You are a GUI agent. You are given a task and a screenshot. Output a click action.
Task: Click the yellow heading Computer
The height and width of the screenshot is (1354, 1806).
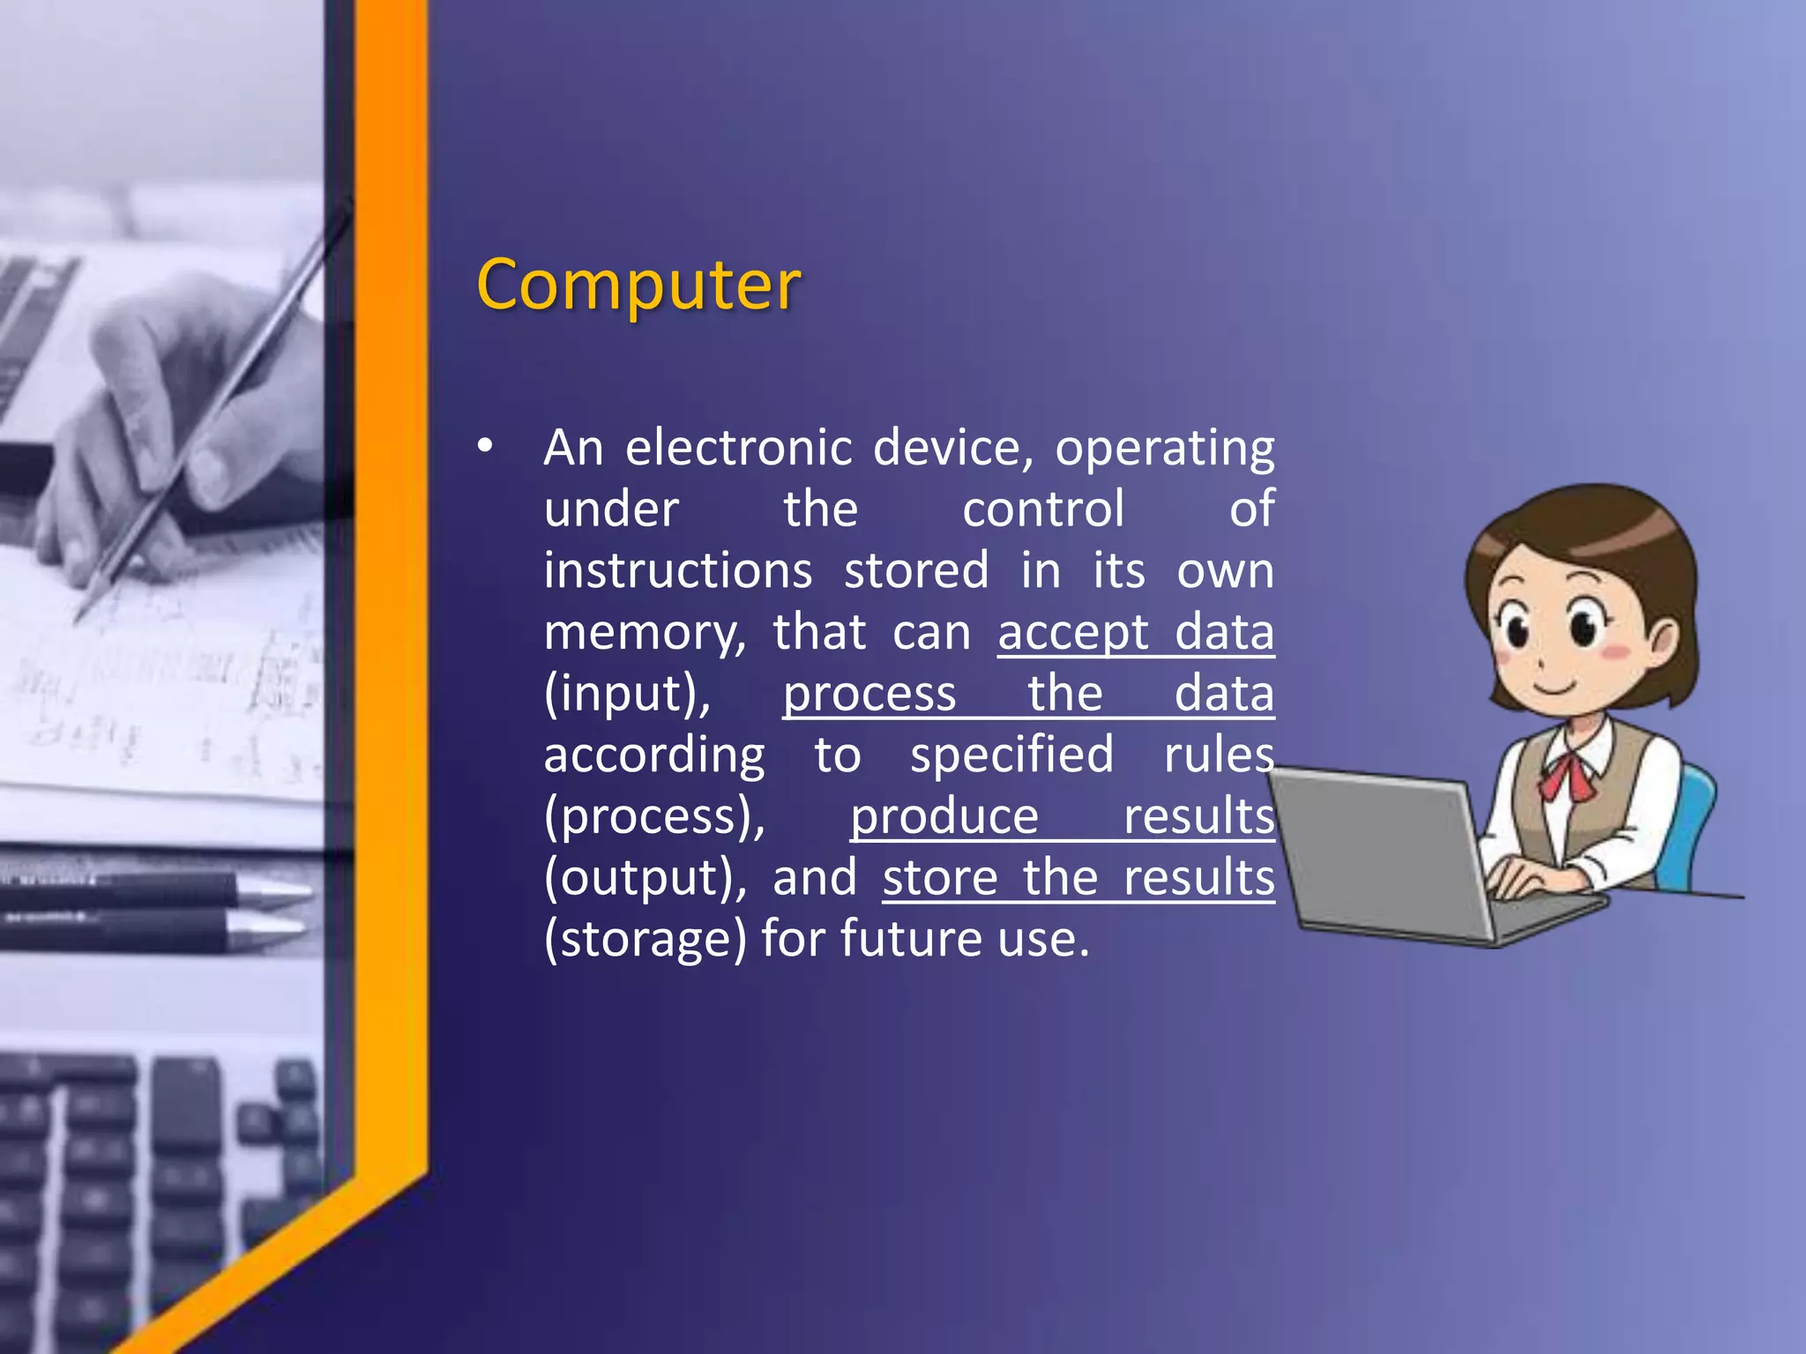click(x=638, y=285)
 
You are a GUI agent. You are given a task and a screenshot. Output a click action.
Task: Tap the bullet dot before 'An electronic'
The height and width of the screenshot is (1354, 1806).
click(x=485, y=446)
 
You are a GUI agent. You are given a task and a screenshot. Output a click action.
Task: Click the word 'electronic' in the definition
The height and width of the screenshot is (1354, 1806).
click(x=738, y=448)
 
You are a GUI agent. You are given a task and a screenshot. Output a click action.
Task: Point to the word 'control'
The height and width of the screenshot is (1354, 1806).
click(x=1043, y=510)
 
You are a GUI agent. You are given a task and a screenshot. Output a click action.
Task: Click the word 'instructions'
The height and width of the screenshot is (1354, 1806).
click(x=677, y=570)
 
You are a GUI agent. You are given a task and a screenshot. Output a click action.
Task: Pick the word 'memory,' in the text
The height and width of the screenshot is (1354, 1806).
click(x=645, y=633)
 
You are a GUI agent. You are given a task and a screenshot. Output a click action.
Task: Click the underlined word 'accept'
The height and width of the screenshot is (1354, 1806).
click(x=1073, y=633)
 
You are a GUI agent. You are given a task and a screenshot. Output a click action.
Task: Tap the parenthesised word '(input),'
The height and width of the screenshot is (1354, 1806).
click(x=627, y=694)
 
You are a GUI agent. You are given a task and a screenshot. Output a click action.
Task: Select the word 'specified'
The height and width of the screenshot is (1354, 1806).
click(x=1011, y=755)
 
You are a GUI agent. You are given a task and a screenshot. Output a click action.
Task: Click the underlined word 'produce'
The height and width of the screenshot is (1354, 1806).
click(x=944, y=816)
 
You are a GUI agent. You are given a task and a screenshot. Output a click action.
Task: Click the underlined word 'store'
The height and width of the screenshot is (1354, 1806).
click(x=940, y=878)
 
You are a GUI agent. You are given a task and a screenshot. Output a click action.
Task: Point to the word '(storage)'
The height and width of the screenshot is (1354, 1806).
click(x=645, y=939)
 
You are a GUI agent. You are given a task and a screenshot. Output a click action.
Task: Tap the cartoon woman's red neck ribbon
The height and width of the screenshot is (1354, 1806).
click(x=1569, y=773)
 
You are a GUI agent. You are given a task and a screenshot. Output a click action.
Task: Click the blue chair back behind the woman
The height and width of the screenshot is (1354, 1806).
click(x=1694, y=820)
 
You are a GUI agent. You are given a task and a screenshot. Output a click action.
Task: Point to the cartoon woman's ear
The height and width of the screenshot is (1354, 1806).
click(x=1664, y=638)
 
